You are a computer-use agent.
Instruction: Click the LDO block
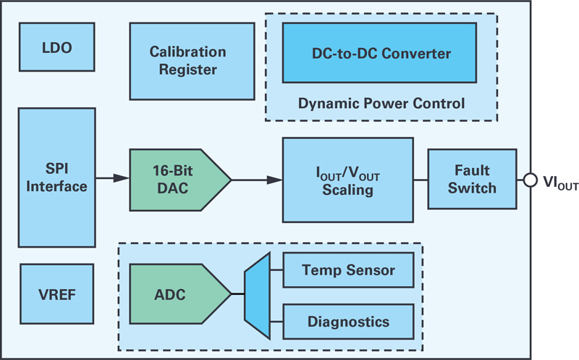coord(57,47)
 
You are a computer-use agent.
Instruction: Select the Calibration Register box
coord(192,62)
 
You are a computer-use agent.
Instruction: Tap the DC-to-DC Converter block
coord(379,53)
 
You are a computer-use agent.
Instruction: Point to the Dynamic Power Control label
coord(381,104)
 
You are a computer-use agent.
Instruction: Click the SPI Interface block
coord(57,177)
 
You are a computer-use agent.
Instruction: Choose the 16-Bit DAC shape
coord(180,180)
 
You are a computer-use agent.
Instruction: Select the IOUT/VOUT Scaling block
coord(348,180)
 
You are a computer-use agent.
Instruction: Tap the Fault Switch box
coord(473,179)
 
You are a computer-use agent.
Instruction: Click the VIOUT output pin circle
coord(531,180)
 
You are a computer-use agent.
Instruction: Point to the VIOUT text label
coord(560,183)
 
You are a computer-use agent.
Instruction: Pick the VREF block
coord(57,294)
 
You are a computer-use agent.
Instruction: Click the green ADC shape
coord(180,294)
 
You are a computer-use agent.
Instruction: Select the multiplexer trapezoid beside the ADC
coord(258,296)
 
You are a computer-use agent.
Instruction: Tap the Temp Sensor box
coord(348,270)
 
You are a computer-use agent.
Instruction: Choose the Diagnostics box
coord(348,322)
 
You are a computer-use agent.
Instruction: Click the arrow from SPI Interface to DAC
coord(112,178)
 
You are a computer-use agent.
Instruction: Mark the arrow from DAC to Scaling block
coord(257,180)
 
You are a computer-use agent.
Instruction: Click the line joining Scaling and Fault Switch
coord(420,180)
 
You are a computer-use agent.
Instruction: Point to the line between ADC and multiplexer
coord(238,294)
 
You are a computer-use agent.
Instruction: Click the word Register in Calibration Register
coord(188,70)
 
